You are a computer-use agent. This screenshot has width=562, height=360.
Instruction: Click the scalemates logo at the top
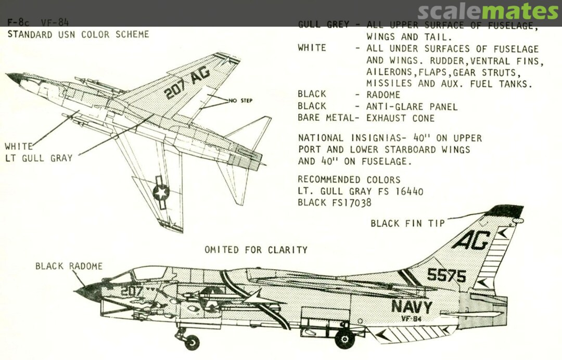[488, 11]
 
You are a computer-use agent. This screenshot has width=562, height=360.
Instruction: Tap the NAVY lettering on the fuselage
[412, 306]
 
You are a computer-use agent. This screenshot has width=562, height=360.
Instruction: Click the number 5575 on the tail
[446, 274]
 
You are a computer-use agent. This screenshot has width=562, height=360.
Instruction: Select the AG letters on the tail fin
[470, 240]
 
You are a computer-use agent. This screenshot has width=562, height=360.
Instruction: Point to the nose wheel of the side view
[191, 342]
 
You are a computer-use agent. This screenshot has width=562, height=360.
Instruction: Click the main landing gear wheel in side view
[344, 339]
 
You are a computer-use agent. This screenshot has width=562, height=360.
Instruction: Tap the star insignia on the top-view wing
[161, 192]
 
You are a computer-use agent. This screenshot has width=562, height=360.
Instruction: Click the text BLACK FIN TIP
[407, 223]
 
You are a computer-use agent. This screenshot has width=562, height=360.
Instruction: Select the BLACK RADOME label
[69, 266]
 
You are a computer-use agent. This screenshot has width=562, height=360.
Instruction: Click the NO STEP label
[240, 100]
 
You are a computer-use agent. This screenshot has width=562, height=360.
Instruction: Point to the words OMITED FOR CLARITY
[256, 250]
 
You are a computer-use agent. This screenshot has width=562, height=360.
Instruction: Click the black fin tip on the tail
[504, 211]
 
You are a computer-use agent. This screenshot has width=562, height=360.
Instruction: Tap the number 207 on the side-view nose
[131, 291]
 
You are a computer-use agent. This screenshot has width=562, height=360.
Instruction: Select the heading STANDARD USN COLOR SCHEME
[78, 35]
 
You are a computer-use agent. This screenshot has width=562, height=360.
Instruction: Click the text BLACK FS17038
[335, 203]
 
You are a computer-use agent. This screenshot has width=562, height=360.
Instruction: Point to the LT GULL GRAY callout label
[39, 158]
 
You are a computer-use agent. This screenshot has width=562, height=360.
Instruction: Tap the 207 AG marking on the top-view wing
[187, 83]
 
